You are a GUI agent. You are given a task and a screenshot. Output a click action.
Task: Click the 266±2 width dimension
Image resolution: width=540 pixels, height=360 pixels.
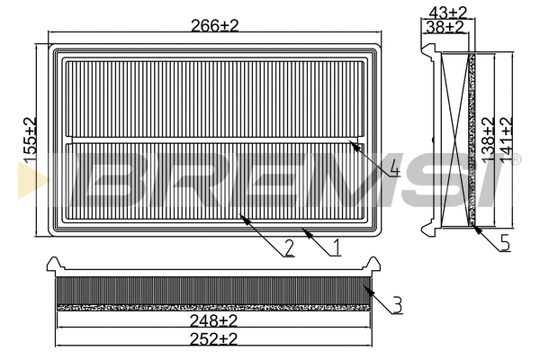click(x=213, y=27)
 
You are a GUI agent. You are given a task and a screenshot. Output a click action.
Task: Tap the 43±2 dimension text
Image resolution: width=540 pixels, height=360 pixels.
click(x=446, y=11)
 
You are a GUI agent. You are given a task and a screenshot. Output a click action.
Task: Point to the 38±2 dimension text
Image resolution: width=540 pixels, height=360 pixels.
click(x=446, y=27)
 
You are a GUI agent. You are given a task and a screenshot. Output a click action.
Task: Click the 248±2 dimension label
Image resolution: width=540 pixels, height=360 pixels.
click(x=213, y=319)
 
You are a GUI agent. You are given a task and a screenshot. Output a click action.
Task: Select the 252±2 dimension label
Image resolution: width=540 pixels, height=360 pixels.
click(x=213, y=338)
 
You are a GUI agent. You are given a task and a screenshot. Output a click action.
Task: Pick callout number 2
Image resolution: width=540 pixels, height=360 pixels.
click(x=289, y=250)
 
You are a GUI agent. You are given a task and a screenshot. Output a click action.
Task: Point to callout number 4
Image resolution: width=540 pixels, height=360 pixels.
click(x=394, y=168)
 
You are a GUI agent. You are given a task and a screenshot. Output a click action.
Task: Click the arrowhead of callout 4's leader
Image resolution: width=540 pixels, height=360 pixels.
click(x=352, y=144)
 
